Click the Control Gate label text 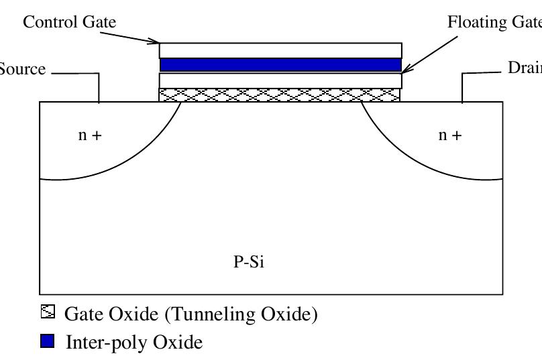69,22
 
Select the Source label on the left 22,69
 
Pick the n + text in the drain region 449,135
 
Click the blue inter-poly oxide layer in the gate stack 280,65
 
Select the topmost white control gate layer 280,50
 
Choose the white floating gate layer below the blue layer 280,80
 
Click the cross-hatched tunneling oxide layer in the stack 280,95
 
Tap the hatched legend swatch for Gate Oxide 47,313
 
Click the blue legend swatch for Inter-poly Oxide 47,343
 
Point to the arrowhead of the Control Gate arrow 156,43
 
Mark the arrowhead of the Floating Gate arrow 404,70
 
